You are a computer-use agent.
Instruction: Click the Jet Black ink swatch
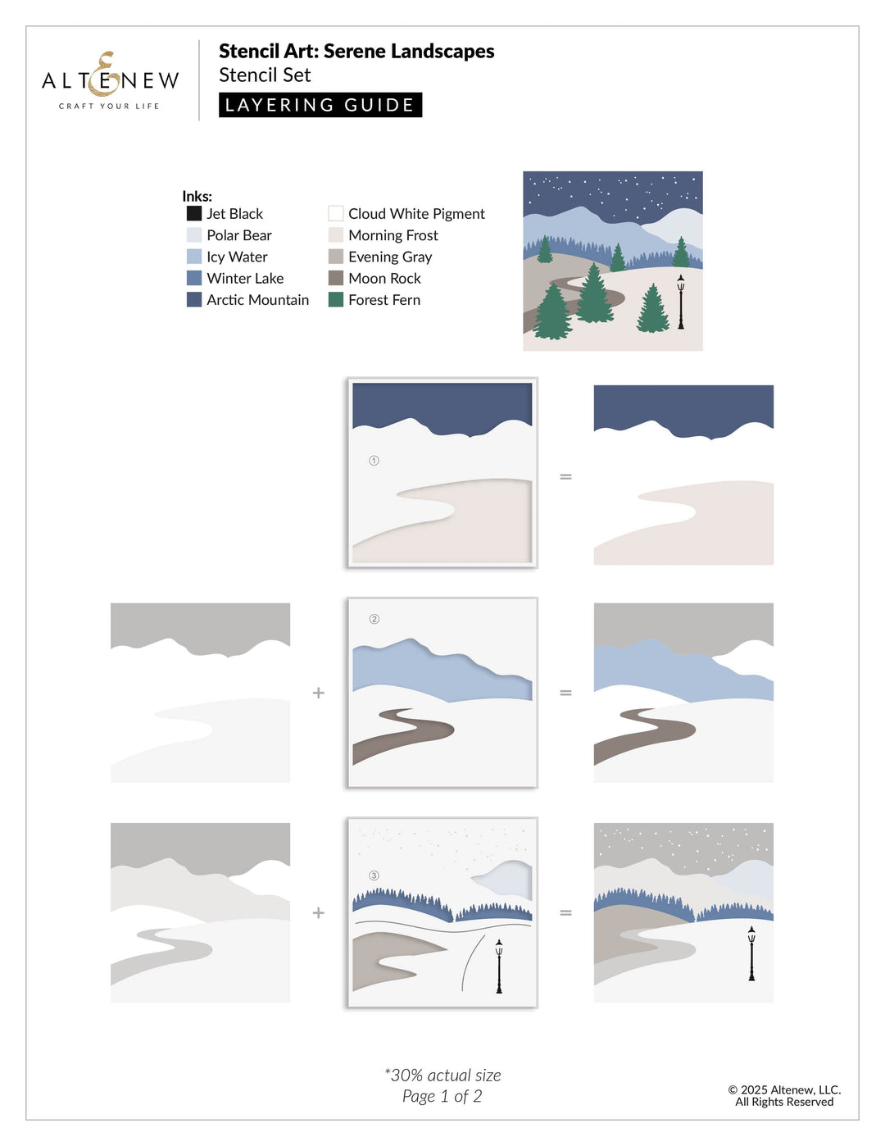tap(194, 213)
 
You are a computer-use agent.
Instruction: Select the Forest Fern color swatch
tap(336, 300)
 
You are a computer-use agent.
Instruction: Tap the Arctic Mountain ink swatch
tap(194, 300)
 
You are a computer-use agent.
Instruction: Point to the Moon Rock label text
tap(384, 279)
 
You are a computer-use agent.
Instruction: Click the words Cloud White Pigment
tap(416, 214)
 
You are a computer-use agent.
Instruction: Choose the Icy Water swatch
tap(194, 257)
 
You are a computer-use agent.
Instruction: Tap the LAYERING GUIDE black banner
tap(320, 105)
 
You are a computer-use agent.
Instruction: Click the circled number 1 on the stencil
tap(374, 461)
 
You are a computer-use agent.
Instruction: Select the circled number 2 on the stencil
tap(374, 619)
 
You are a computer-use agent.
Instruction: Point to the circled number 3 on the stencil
tap(374, 875)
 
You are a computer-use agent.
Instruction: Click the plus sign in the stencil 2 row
tap(319, 693)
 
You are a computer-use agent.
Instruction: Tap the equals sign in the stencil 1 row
tap(565, 476)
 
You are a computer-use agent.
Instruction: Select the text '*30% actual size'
tap(442, 1076)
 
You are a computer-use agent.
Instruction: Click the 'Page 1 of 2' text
tap(442, 1097)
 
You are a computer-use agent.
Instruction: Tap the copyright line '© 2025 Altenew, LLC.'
tap(784, 1089)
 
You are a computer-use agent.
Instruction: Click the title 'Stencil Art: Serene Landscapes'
tap(356, 52)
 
